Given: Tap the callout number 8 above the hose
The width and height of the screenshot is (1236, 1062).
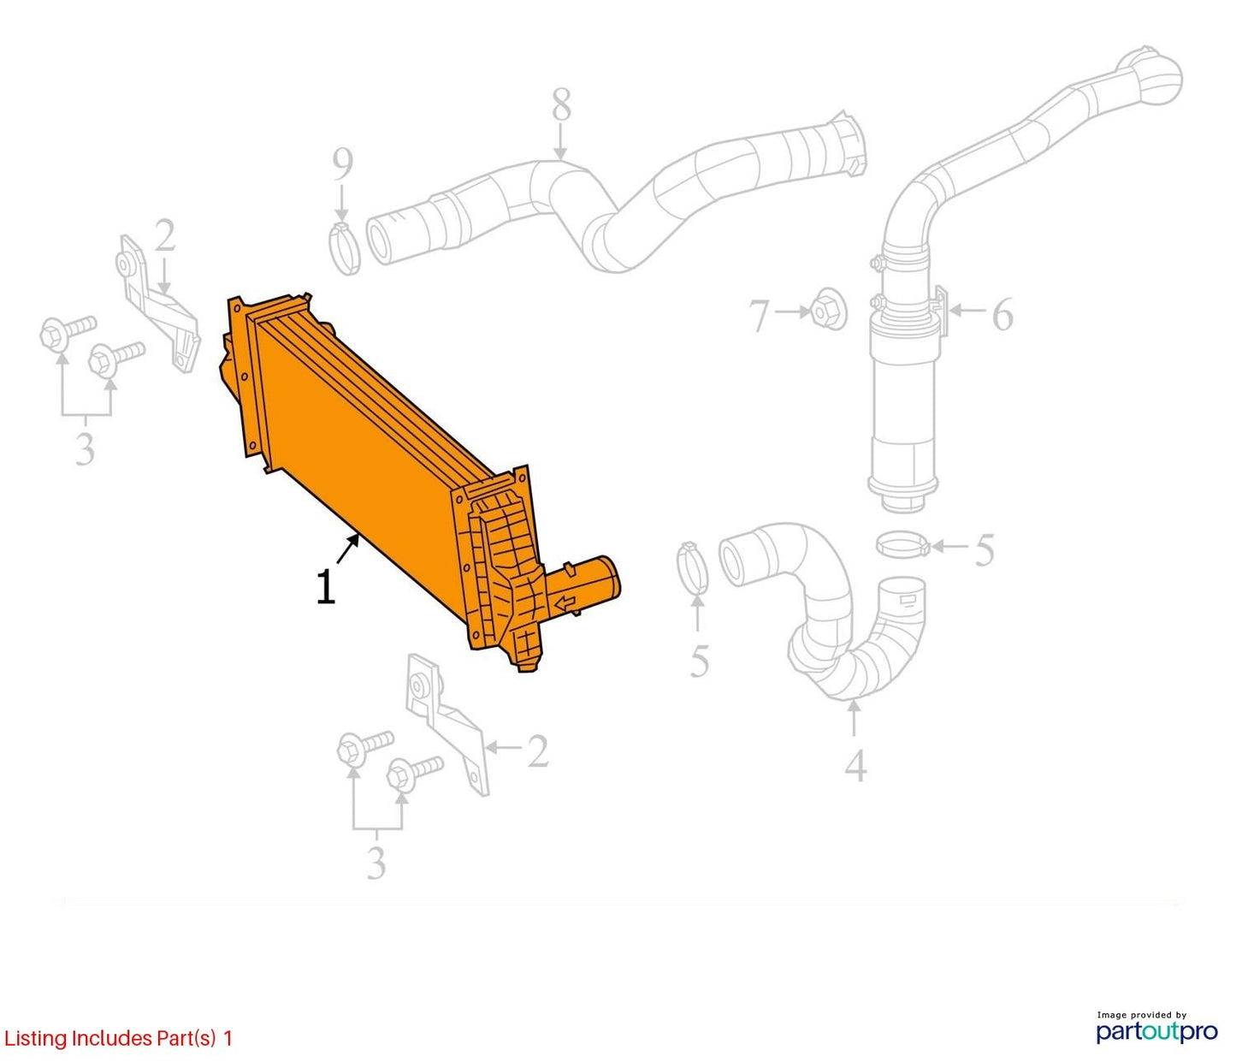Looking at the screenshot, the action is coord(561,104).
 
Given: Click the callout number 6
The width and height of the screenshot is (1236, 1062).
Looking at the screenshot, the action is coord(1002,313).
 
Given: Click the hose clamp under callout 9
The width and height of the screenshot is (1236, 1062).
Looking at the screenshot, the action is coord(345,247).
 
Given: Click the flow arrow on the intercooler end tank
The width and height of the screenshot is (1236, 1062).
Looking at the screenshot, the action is coord(565,603).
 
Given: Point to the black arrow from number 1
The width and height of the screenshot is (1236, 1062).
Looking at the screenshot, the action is coord(347,549).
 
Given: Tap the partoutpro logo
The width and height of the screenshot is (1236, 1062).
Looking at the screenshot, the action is coord(1156,1031).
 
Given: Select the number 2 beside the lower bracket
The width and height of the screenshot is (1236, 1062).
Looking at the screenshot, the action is coord(537,751).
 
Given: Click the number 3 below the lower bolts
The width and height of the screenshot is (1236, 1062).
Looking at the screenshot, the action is coord(376,862).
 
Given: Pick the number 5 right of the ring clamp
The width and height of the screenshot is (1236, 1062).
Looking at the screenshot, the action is coord(985,550).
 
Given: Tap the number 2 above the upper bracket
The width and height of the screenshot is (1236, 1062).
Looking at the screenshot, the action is coord(164,235).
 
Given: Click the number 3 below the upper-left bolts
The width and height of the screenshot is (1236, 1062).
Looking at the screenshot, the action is coord(85,448).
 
